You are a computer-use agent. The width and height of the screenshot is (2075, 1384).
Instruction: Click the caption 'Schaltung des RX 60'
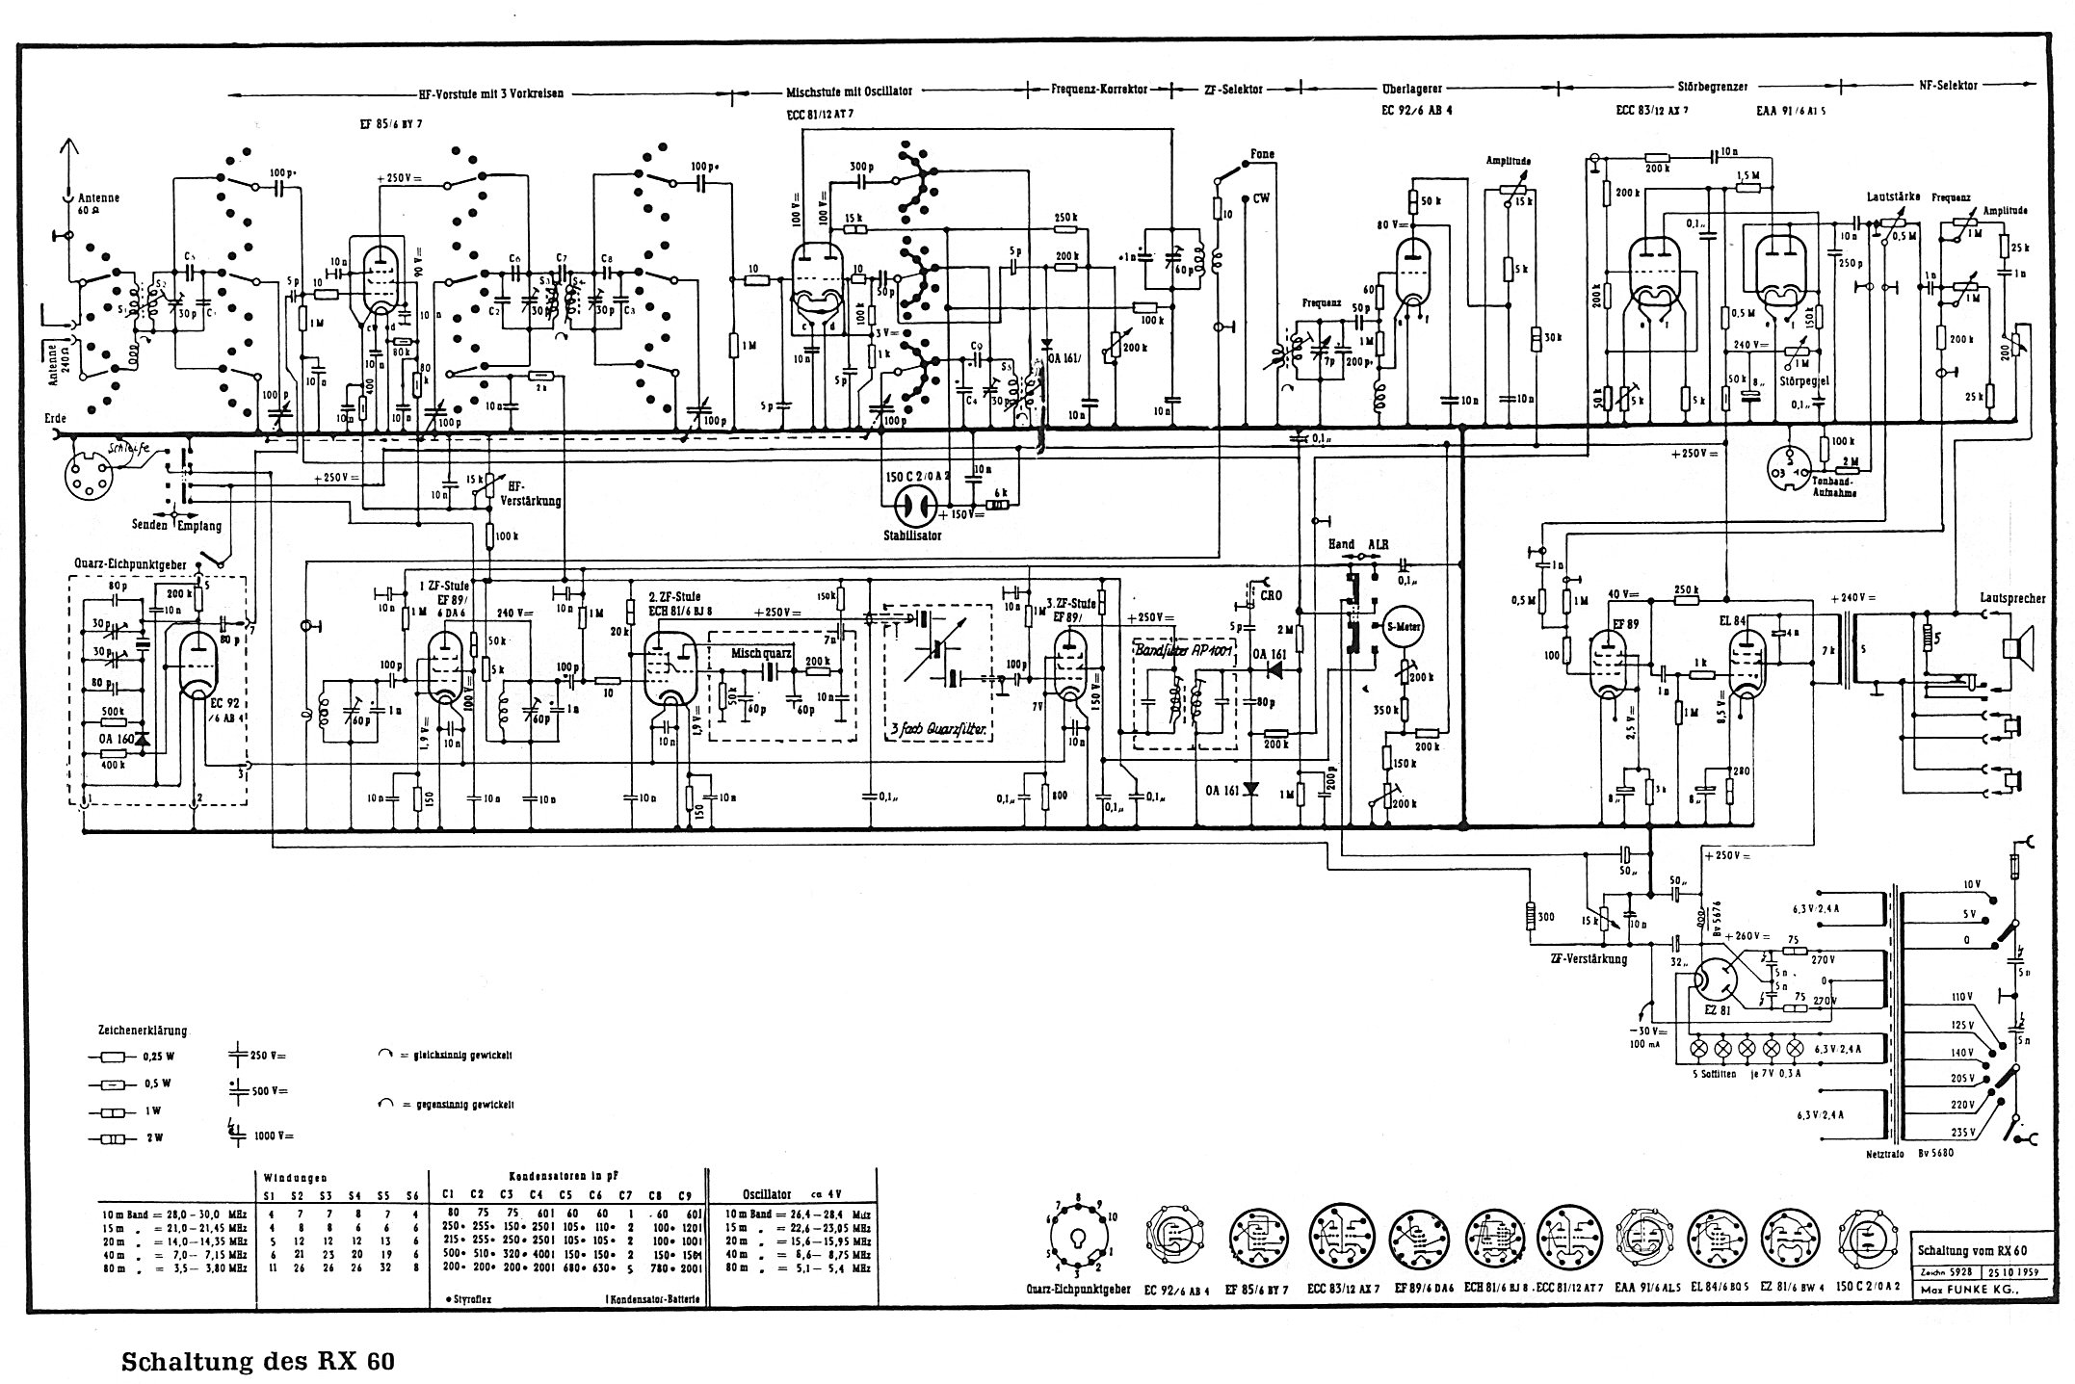click(x=257, y=1362)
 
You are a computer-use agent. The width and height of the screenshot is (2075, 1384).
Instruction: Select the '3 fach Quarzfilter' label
click(x=940, y=729)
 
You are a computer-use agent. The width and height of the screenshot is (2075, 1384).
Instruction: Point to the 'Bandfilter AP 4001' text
click(x=1184, y=647)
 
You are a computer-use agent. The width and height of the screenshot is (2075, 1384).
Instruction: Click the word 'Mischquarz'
click(x=761, y=652)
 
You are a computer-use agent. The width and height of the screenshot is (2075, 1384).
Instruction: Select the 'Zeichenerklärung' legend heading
click(x=142, y=1030)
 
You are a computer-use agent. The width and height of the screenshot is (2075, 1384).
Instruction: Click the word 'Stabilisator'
click(x=912, y=535)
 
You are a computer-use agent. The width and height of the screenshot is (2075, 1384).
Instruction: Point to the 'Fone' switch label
click(x=1262, y=154)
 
